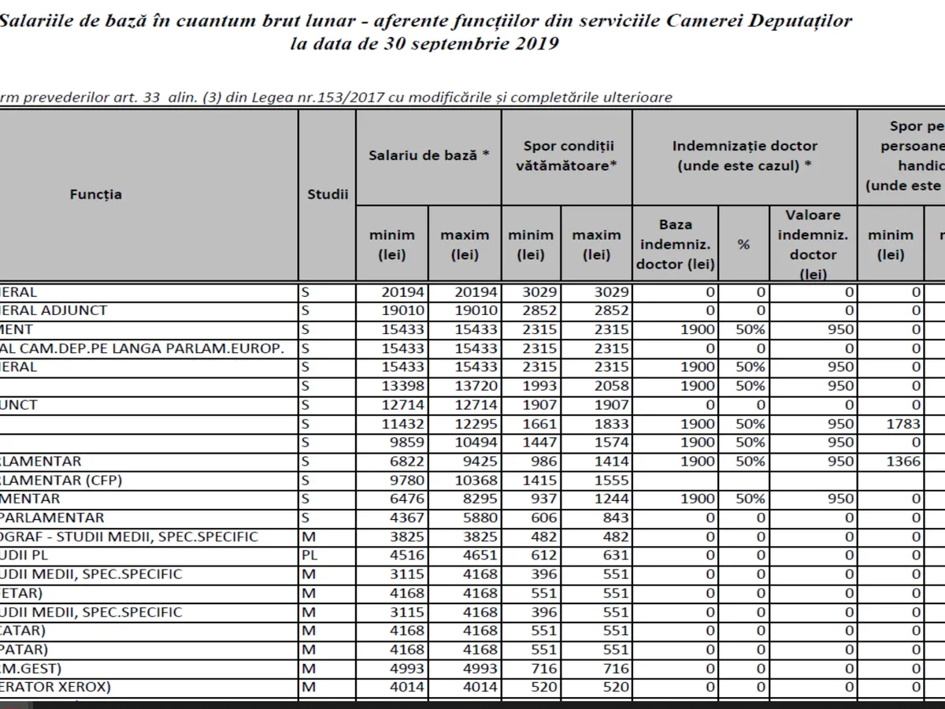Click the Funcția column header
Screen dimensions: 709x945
tap(95, 194)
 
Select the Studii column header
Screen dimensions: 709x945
tap(327, 194)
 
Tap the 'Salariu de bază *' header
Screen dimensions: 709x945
tap(428, 155)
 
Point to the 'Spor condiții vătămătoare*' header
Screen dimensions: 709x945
tap(567, 155)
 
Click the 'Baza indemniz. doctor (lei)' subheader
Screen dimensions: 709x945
tap(676, 244)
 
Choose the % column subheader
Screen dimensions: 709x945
tap(743, 244)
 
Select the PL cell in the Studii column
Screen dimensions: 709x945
tap(309, 555)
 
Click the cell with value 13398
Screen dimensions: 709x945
tap(402, 386)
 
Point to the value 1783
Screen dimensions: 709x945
tap(903, 424)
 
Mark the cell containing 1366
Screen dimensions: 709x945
tap(903, 461)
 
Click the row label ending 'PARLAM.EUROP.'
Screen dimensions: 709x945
tap(142, 348)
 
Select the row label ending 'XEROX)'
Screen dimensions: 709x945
tap(55, 687)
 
